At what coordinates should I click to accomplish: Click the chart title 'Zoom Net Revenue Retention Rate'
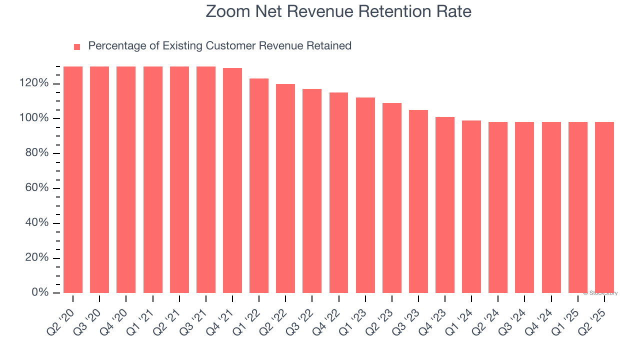338,11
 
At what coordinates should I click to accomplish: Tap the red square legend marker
77,47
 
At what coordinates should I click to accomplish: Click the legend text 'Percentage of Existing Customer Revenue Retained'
219,46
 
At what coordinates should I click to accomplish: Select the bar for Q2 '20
73,179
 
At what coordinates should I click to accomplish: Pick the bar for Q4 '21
232,180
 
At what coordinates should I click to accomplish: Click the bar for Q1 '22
259,185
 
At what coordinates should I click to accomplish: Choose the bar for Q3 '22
312,191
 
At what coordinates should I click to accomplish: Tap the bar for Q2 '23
392,198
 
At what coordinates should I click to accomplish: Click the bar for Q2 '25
604,207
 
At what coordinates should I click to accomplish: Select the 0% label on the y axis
40,292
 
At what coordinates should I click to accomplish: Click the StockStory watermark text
600,293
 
